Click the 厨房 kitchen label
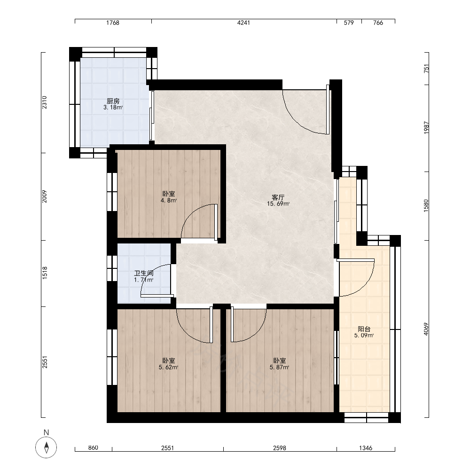(x=113, y=102)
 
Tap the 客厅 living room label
(x=278, y=197)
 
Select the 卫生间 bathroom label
(x=143, y=274)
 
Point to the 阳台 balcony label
(x=364, y=329)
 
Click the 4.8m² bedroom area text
(x=168, y=201)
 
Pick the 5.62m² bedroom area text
(x=168, y=367)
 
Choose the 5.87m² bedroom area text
(x=279, y=367)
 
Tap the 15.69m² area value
(x=278, y=204)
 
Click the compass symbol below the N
(x=46, y=447)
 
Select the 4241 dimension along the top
(x=243, y=23)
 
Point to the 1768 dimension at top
(x=113, y=23)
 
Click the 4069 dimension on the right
(x=426, y=329)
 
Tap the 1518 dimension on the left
(x=45, y=273)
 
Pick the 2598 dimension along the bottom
(x=279, y=448)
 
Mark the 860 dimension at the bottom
(x=93, y=448)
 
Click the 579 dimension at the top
(x=349, y=23)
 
